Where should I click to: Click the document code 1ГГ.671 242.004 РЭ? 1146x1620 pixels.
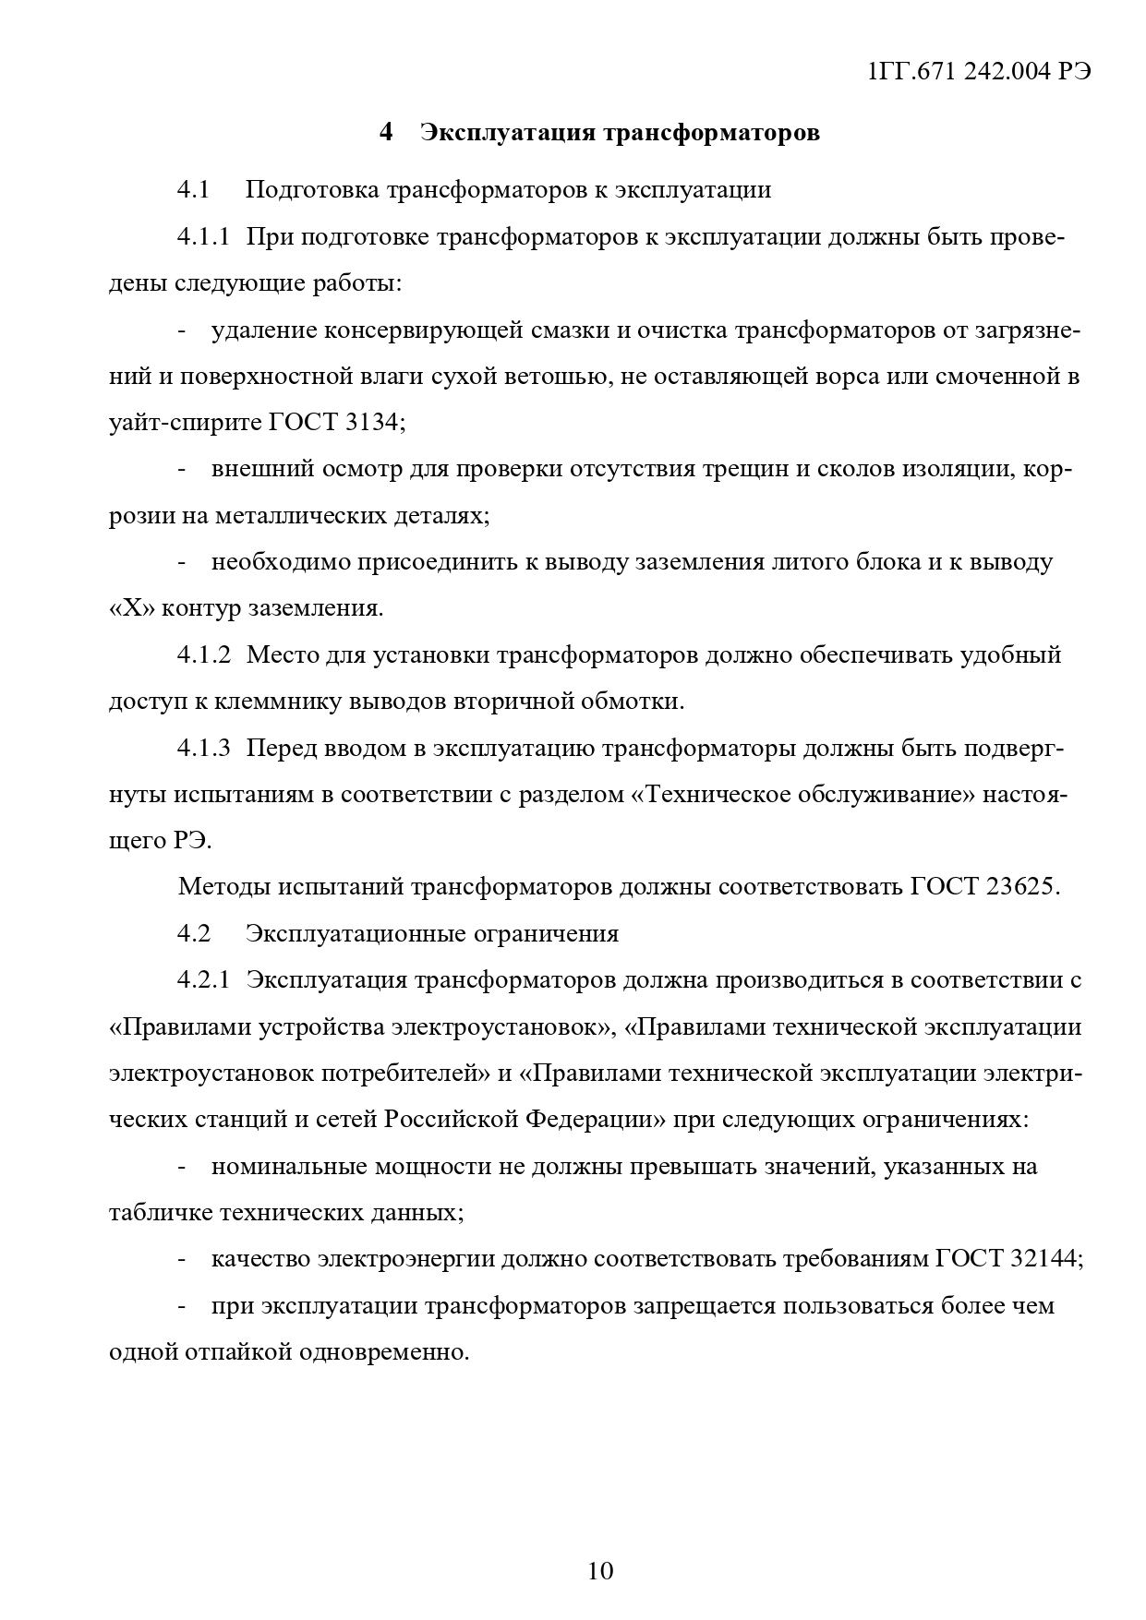pos(980,73)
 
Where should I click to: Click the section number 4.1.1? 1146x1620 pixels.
pos(203,237)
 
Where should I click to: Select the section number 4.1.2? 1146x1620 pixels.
pos(203,654)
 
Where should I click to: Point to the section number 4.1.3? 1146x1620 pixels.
pos(203,748)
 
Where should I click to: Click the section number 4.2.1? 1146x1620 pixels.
pos(203,979)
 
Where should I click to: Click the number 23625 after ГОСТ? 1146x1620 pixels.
pos(1019,886)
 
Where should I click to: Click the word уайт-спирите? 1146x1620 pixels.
pos(185,423)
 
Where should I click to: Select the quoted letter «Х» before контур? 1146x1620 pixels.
pos(131,608)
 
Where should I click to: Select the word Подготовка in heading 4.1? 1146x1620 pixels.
pos(311,190)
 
